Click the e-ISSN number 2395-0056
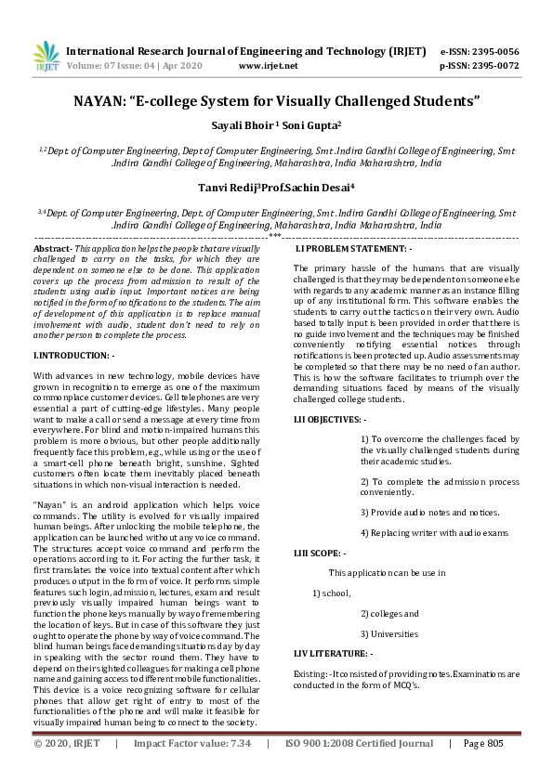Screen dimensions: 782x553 point(501,51)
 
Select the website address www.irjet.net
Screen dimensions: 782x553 point(269,66)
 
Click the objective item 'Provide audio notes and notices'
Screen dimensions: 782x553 point(429,513)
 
